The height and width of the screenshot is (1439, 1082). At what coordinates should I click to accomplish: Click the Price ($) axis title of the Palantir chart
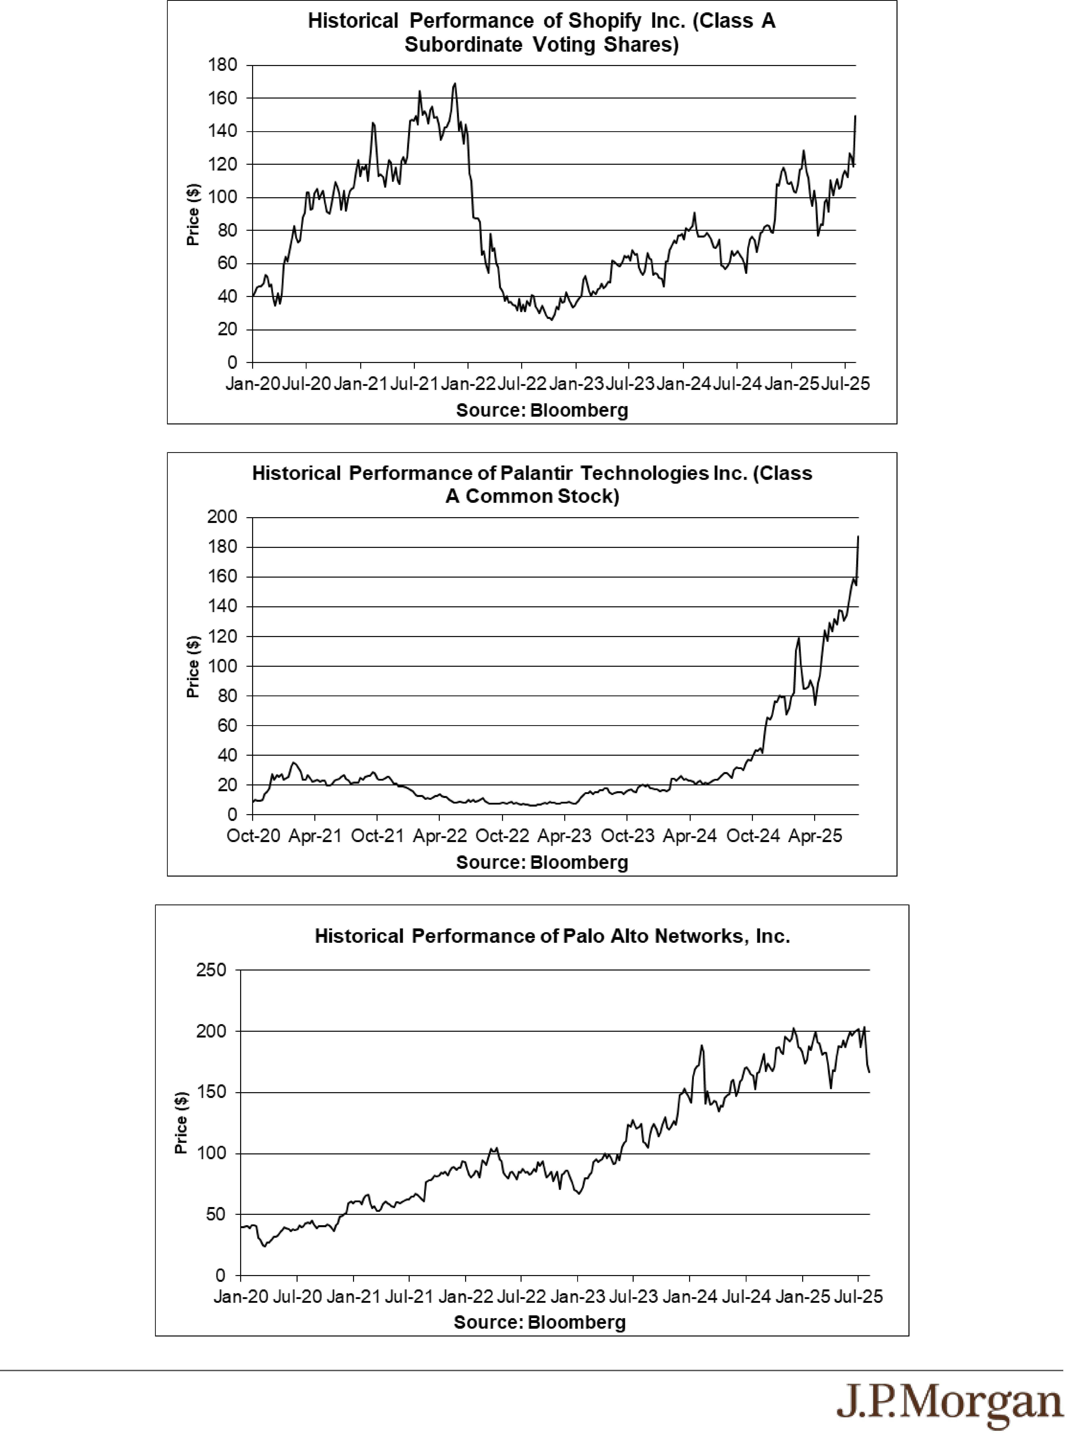point(193,667)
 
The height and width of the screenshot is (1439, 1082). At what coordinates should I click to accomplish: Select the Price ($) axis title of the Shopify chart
point(193,215)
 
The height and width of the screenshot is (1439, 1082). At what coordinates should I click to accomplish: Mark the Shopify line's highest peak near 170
point(455,83)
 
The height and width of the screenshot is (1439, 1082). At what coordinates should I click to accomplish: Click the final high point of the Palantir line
point(858,537)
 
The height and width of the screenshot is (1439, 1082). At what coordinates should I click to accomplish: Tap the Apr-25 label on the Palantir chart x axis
point(815,836)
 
